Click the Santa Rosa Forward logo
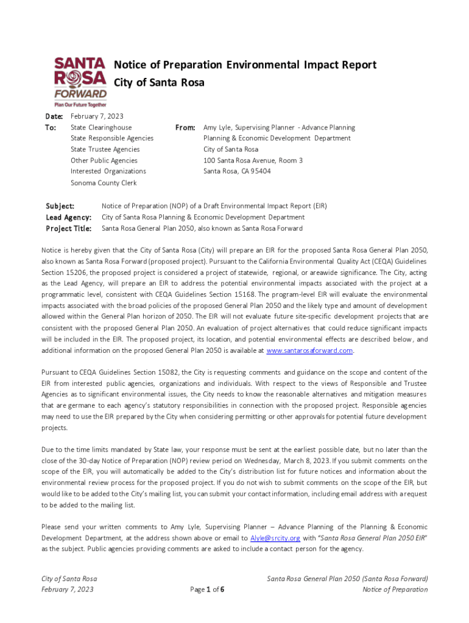tap(80, 82)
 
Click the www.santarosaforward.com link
tap(310, 351)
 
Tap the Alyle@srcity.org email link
tap(275, 538)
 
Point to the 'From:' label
tap(185, 128)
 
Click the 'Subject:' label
tap(61, 206)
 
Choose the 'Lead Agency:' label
tap(69, 217)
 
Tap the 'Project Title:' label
tap(69, 229)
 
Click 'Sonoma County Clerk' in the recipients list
tap(104, 183)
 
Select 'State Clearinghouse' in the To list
tap(101, 128)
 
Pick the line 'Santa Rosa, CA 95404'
tap(237, 172)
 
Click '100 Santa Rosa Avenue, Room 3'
tap(253, 161)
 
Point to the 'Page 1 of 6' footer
tap(208, 590)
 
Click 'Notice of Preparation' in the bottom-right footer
tap(395, 590)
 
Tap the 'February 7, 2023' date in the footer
tap(68, 590)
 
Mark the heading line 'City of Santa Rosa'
tap(159, 82)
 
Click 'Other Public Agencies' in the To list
tap(104, 161)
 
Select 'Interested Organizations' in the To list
tap(108, 172)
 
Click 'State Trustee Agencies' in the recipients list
tap(105, 150)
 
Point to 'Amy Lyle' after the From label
tap(218, 128)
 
